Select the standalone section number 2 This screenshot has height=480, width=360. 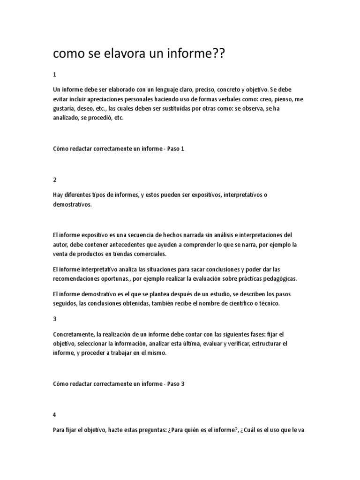55,180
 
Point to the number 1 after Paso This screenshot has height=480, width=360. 183,149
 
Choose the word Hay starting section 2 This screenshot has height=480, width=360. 59,195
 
